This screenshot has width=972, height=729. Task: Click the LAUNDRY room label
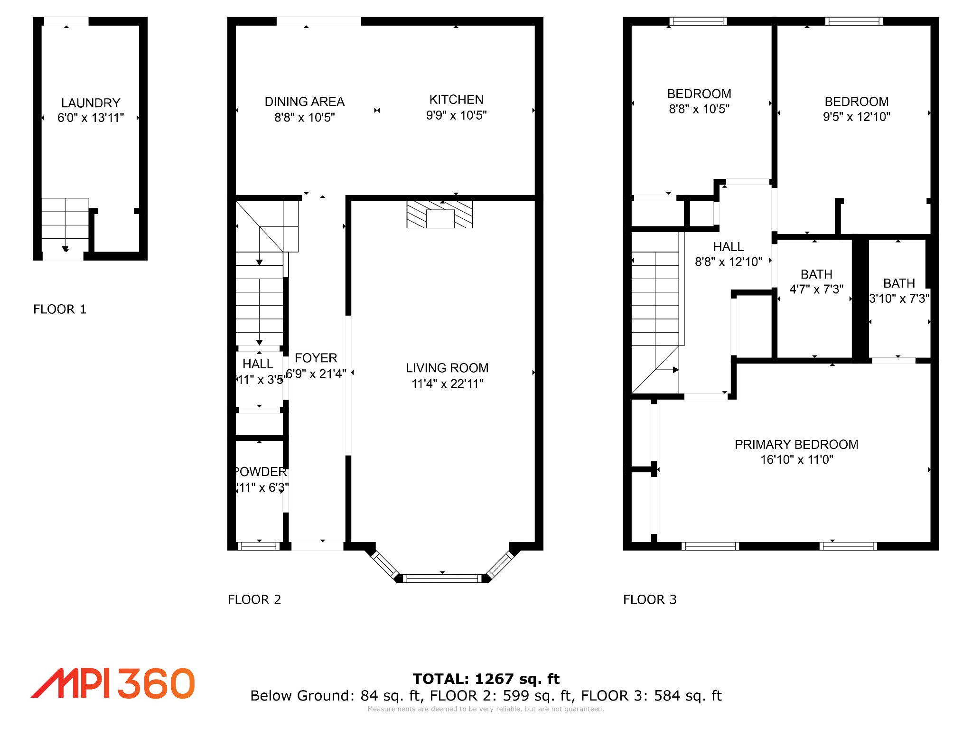91,103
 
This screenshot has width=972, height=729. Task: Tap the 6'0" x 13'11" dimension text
91,118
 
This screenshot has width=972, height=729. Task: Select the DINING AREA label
304,102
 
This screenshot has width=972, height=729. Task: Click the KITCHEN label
456,100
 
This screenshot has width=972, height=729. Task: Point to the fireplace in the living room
440,215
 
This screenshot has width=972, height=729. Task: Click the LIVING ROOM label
447,368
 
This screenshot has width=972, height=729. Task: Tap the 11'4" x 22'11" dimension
447,383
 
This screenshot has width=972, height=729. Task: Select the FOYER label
316,358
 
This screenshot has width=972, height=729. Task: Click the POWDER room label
261,472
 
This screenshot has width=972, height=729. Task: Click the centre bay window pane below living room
442,578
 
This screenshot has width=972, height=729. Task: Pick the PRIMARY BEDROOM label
796,445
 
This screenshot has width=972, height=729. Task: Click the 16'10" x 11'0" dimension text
796,460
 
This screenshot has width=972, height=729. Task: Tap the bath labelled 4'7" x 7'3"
816,282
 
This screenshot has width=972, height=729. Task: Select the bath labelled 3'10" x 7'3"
899,290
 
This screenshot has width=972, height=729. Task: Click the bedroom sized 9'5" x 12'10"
856,109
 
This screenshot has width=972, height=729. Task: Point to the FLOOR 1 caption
60,309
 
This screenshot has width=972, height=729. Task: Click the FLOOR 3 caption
650,599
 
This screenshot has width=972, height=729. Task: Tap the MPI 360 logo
113,683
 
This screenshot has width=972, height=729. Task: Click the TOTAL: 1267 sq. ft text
486,679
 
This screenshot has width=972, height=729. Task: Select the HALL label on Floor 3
728,247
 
